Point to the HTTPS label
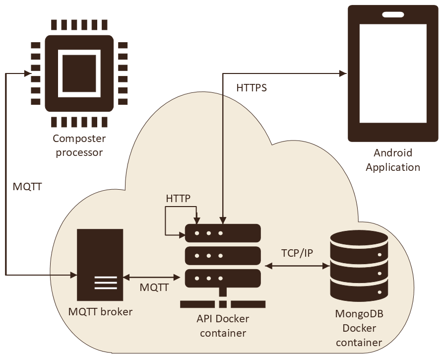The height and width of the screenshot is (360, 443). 252,88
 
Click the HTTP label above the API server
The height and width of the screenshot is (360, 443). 178,199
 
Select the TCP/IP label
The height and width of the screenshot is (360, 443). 297,253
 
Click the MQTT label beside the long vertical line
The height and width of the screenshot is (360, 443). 27,187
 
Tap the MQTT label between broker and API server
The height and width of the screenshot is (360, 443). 154,288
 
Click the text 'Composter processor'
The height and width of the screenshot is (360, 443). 79,145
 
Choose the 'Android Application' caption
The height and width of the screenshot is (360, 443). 393,160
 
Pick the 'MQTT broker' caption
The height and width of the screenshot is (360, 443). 101,312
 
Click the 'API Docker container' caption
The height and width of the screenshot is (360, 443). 223,326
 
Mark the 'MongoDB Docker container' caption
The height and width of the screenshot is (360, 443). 359,328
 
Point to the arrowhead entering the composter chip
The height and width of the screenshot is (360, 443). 28,73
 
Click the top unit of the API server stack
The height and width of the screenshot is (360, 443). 223,232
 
